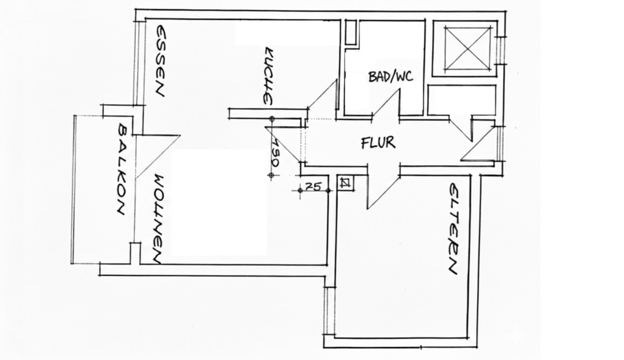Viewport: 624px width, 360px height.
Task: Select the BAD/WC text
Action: tap(391, 77)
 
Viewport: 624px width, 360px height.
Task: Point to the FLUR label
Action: tap(378, 142)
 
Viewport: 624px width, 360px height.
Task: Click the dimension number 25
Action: tap(314, 186)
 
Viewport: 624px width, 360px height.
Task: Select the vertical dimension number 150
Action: tap(276, 153)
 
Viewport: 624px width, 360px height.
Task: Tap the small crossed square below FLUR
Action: tap(346, 183)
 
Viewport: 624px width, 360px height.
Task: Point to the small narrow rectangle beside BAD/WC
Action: tap(351, 32)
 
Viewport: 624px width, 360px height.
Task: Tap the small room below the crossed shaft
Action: tap(461, 101)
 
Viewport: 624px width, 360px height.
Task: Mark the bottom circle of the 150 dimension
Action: tap(272, 175)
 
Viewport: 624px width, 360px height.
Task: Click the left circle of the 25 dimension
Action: tap(300, 190)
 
